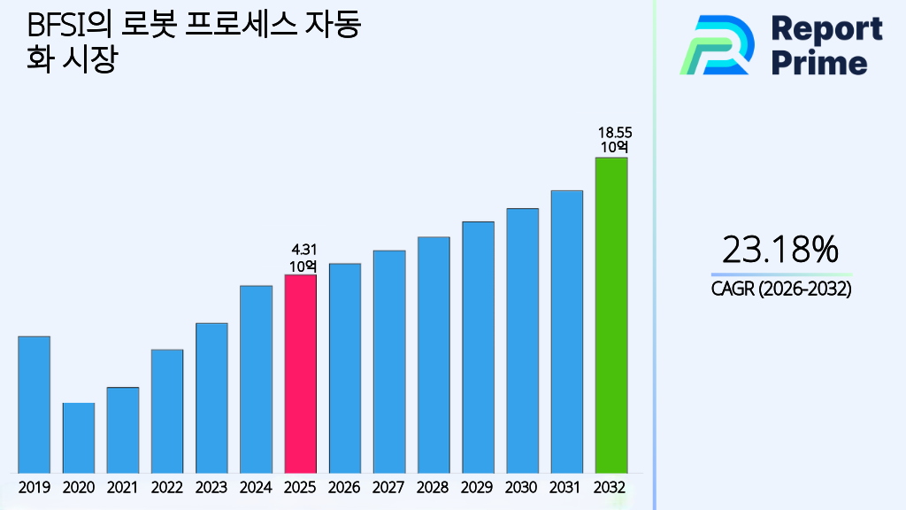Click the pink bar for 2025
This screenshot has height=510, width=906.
300,374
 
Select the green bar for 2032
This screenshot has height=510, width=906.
610,315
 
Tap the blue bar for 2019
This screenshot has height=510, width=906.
34,405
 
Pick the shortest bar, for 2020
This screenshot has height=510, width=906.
79,437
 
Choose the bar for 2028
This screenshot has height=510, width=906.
434,354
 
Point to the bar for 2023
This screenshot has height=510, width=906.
211,398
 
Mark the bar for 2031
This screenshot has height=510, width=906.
566,331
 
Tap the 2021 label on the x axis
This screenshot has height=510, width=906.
123,487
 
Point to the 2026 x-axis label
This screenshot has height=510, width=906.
344,487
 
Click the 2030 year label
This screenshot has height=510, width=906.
522,487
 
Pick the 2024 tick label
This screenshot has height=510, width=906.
256,487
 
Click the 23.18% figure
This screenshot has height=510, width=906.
780,251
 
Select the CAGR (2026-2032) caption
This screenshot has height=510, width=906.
780,289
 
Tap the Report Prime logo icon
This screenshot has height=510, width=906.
717,44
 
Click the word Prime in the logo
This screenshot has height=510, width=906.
819,63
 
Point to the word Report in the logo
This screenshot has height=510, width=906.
826,28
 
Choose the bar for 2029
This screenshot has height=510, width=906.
478,347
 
